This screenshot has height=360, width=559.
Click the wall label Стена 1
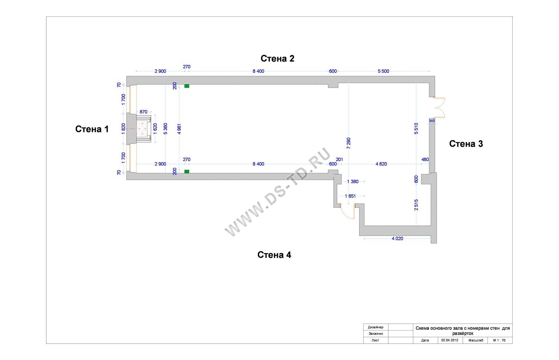pos(92,129)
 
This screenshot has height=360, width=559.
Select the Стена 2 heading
pos(277,59)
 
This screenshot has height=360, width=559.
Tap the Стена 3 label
pos(466,144)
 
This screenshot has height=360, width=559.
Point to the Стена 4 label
pos(274,255)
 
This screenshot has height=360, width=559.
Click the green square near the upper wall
pos(187,86)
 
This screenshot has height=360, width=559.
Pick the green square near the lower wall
pos(187,171)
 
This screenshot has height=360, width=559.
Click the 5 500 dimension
pos(383,71)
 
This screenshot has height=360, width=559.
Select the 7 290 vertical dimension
pos(348,143)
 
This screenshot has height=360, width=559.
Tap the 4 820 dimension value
pos(381,164)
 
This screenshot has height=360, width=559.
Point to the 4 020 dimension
pos(397,239)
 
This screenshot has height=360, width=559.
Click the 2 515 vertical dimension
pos(416,205)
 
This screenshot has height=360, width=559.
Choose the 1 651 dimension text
pos(350,196)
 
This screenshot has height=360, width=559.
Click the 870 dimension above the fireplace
pos(143,112)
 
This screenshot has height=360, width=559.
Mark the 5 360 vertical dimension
pos(165,129)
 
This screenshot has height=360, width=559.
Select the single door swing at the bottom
pos(347,212)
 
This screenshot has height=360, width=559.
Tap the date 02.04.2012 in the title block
pos(450,340)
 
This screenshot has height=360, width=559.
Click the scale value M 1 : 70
pos(499,340)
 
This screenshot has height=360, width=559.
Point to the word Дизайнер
pos(375,327)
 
